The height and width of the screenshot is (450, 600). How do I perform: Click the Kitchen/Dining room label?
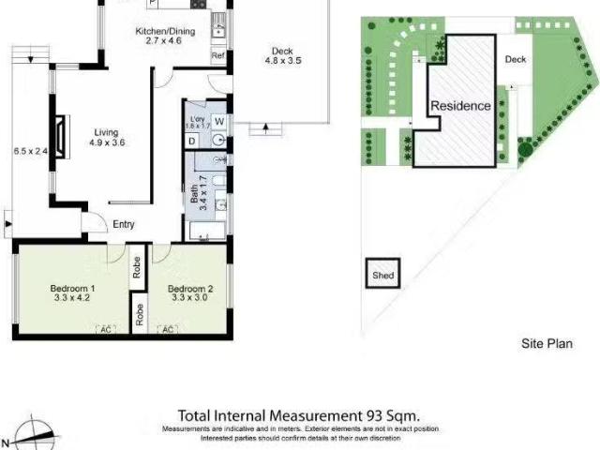(165, 32)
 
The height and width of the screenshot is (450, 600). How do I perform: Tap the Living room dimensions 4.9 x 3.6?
(108, 142)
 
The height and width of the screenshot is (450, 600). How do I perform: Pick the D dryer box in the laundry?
(192, 141)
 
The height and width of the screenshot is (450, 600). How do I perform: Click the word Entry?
(124, 224)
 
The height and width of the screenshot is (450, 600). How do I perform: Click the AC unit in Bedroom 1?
(104, 330)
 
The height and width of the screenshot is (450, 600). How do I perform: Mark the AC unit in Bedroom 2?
(169, 330)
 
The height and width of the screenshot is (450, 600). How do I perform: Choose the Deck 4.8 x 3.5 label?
(282, 56)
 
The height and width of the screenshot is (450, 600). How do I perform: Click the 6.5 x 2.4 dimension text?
(28, 150)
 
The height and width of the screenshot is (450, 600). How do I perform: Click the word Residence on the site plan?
(460, 106)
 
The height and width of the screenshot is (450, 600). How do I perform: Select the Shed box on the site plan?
(383, 275)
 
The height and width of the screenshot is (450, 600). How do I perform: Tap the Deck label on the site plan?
(516, 59)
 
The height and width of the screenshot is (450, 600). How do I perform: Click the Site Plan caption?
(547, 344)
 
